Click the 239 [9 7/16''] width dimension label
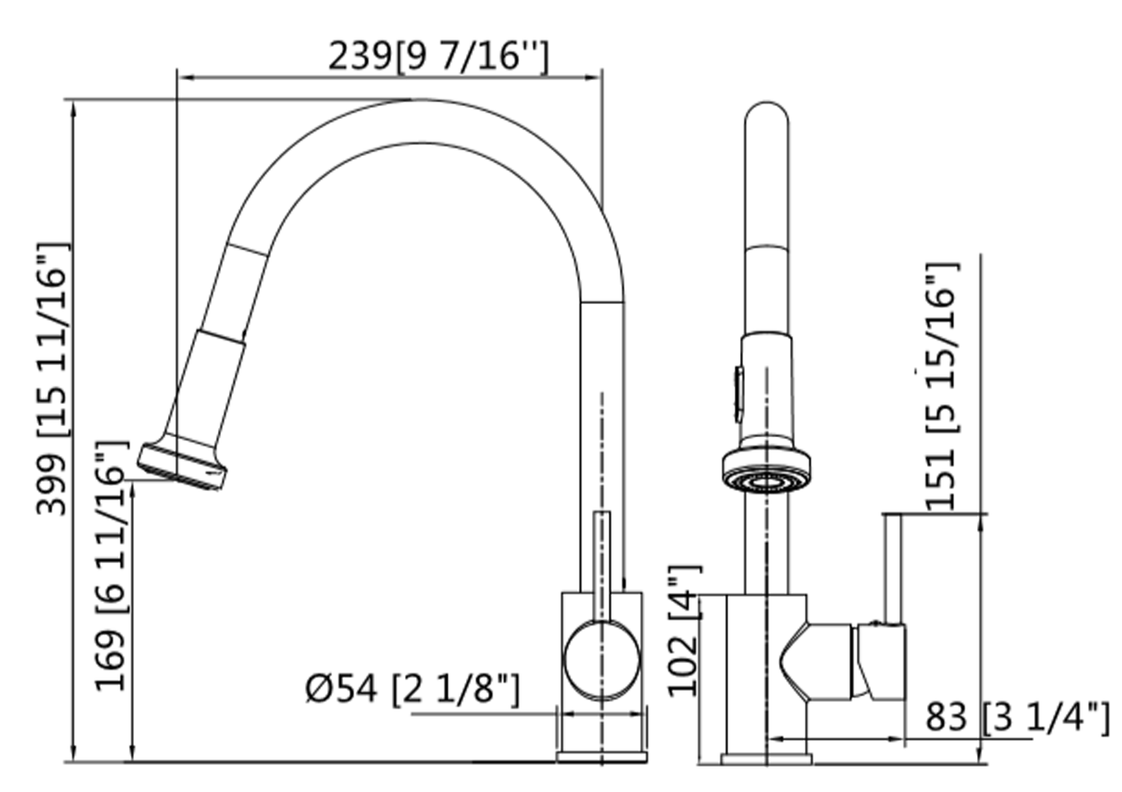pos(438,56)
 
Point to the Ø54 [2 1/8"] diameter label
pos(413,688)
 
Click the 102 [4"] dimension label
pos(684,630)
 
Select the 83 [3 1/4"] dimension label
pos(1017,718)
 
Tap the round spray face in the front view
pos(765,480)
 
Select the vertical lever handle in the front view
pos(893,567)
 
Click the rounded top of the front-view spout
pos(766,115)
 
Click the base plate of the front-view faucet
pos(766,759)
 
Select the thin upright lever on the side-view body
pos(602,562)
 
